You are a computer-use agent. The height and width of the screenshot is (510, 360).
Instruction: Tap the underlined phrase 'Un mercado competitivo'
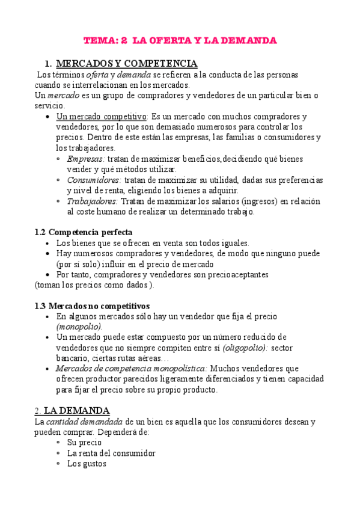click(101, 116)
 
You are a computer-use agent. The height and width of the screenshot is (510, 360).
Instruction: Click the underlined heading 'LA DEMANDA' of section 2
click(77, 411)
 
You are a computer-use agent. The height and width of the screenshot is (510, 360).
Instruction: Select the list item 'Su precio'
click(84, 443)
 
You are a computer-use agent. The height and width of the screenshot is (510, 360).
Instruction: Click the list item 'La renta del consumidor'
click(111, 453)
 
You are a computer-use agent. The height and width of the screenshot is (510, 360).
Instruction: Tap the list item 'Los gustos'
click(87, 464)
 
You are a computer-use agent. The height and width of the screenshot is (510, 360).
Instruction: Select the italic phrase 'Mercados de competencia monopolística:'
click(132, 368)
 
